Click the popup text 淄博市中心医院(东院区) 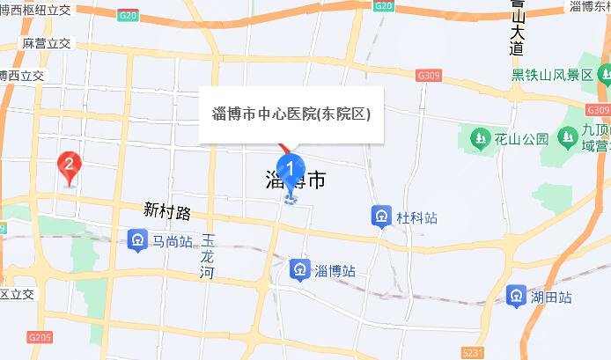pos(291,114)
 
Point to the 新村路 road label pos(167,211)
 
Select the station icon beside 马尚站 pos(136,239)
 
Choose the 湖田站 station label pos(551,296)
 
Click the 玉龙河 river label pos(208,256)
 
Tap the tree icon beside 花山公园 pos(479,138)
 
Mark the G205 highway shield pos(40,337)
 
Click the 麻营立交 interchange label pos(45,42)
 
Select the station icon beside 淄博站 pos(301,268)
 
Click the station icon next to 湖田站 pos(517,296)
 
